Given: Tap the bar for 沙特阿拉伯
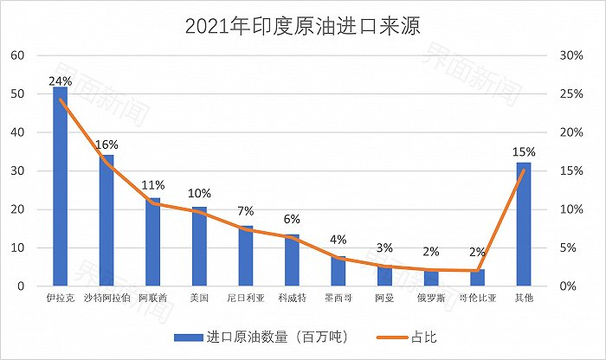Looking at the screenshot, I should click(x=106, y=221).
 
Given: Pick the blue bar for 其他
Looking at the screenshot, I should click(x=523, y=224).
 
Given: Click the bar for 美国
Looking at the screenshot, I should click(x=199, y=247).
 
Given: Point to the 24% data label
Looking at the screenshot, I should click(x=60, y=81).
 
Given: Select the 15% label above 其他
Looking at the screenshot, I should click(x=523, y=151).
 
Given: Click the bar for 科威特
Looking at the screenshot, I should click(x=292, y=260).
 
